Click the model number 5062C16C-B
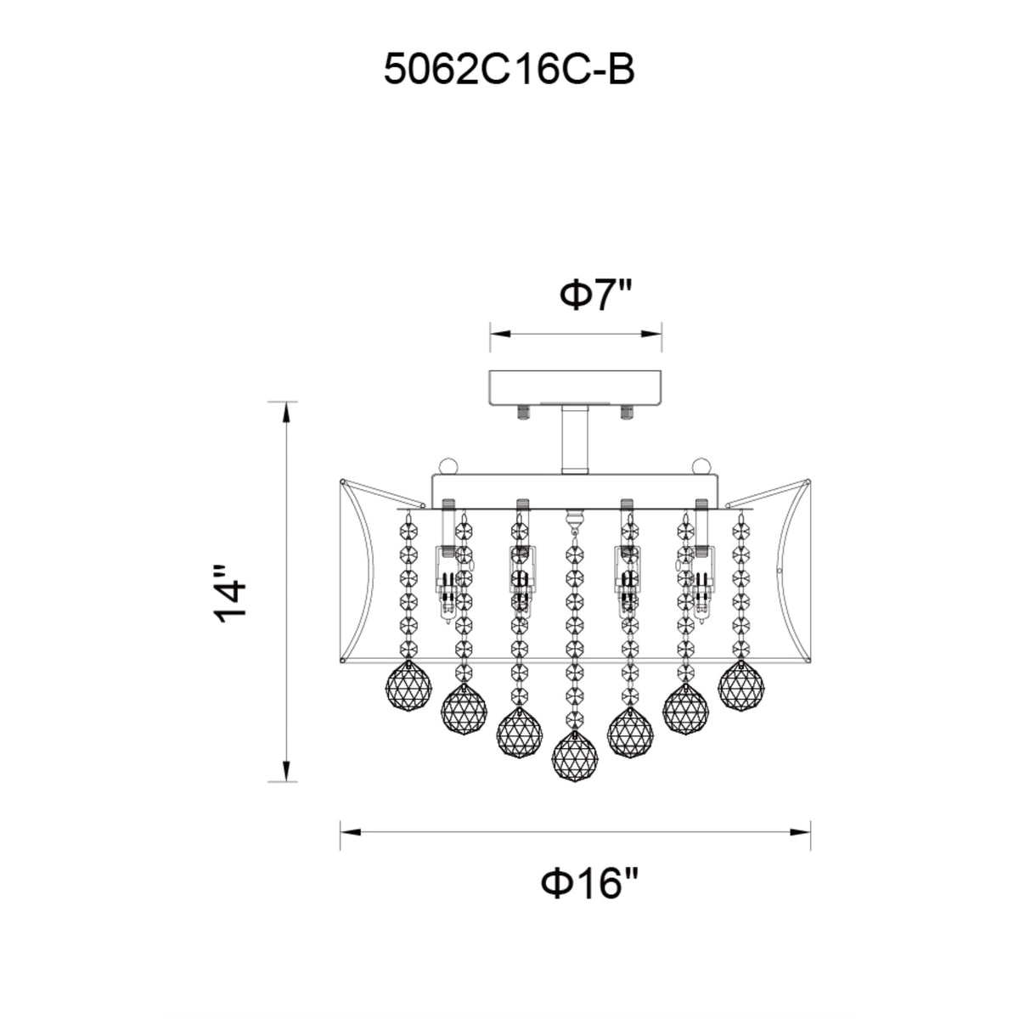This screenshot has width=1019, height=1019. tap(509, 70)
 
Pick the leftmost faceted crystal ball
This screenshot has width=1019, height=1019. tap(408, 688)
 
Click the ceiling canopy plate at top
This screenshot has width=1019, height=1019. tap(576, 387)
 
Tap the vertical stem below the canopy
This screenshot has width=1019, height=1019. tap(574, 441)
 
